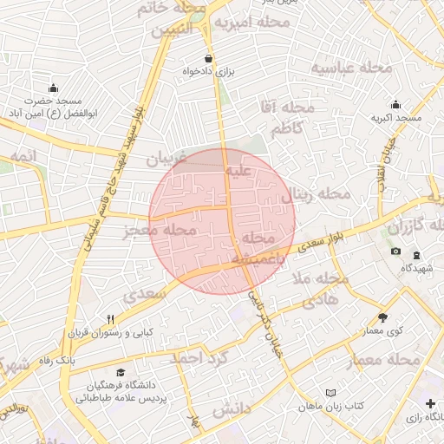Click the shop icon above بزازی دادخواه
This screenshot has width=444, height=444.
point(208,58)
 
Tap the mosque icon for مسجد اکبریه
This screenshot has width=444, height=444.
point(396,105)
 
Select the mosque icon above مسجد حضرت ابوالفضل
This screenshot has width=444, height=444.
point(54,88)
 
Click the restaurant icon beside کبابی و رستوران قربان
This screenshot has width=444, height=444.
point(110,319)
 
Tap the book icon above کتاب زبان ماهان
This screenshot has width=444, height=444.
point(330,393)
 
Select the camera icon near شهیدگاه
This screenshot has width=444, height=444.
point(396,251)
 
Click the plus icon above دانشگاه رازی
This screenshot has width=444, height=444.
point(431,403)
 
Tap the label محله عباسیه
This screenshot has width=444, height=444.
point(341,68)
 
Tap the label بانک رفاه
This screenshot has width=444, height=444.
point(56,360)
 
